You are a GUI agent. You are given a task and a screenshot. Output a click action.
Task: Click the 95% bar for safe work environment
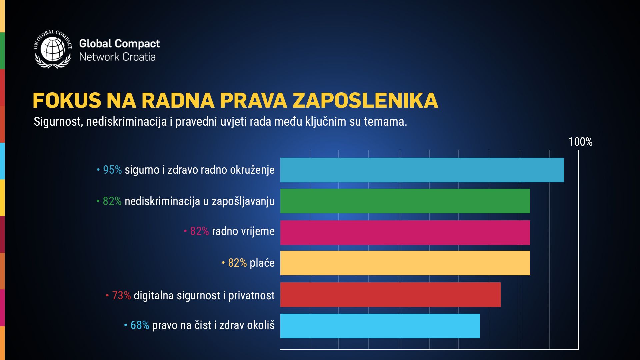coord(422,170)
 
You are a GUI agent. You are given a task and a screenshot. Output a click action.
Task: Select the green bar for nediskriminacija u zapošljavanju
coord(405,201)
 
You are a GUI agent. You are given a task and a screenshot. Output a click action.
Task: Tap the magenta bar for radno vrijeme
coord(405,233)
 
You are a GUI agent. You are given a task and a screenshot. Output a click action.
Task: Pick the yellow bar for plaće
coord(405,263)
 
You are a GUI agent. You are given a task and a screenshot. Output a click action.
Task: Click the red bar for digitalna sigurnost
coord(390,295)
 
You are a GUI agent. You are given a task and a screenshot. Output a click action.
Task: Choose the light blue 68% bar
coord(380,326)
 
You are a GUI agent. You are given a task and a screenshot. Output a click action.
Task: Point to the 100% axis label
coord(580,142)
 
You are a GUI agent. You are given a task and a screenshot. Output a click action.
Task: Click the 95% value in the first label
coord(112,170)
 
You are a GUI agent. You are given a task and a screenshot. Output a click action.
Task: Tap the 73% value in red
coord(121,295)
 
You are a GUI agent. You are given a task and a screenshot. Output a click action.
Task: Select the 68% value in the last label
coord(140,325)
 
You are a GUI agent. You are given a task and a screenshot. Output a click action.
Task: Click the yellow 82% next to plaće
coord(237,263)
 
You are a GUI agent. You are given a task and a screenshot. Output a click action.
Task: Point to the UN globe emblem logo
coord(52,49)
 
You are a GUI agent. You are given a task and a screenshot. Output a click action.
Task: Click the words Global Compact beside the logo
coord(119,44)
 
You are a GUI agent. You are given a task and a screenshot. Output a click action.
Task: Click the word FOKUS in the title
coord(67,100)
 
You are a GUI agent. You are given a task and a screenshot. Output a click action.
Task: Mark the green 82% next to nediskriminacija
coord(112,201)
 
